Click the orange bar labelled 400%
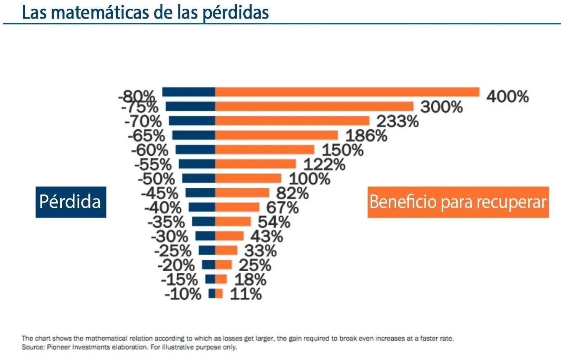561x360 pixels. pos(347,92)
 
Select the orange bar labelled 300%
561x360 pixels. pos(314,106)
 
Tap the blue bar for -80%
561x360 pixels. pos(189,92)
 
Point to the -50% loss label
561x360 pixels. pos(156,179)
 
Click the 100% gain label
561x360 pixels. pos(309,179)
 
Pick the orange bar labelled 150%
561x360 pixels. pos(264,149)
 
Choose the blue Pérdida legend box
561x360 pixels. pos(70,202)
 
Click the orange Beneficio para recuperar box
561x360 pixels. pos(458,202)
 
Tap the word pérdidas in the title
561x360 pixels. pos(235,12)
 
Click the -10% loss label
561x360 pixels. pos(183,294)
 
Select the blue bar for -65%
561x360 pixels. pos(193,135)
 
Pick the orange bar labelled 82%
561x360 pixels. pos(242,193)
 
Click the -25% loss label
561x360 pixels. pos(173,251)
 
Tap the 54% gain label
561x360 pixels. pos(274,222)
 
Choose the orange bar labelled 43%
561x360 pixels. pos(229,236)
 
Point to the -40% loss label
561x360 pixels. pos(163,207)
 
